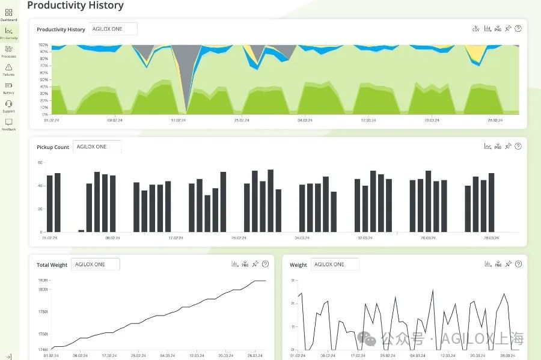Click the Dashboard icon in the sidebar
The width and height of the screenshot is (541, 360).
[x=8, y=13]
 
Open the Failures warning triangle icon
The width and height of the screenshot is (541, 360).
[x=8, y=67]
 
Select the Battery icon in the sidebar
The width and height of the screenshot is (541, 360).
[x=8, y=85]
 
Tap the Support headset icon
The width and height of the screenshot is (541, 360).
[x=8, y=103]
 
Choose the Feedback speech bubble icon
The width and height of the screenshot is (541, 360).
[x=8, y=122]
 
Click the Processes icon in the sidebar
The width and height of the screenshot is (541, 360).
[x=8, y=49]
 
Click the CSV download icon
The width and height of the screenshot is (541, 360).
[x=475, y=28]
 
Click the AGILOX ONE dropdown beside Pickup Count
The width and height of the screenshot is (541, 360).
[x=97, y=147]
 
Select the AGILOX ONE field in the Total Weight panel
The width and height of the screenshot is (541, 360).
[x=95, y=264]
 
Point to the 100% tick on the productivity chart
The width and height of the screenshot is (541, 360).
[x=44, y=44]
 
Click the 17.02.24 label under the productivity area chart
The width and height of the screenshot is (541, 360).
[x=177, y=120]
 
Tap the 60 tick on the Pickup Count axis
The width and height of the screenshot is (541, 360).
[x=40, y=162]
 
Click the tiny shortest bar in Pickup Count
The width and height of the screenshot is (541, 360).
[x=81, y=231]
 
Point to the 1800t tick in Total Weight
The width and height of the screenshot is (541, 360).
[x=43, y=290]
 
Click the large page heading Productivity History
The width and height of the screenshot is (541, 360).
[x=75, y=5]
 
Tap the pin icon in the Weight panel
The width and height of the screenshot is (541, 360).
[x=508, y=264]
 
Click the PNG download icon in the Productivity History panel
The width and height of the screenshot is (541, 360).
[x=498, y=28]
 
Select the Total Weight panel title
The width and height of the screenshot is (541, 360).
[x=52, y=265]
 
